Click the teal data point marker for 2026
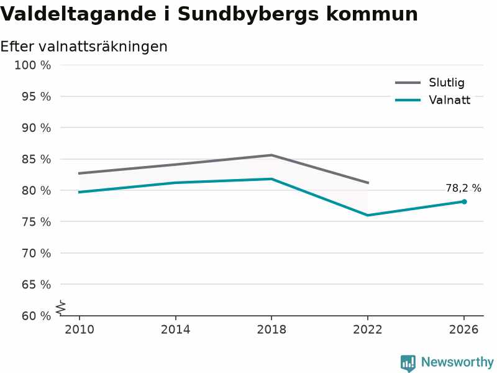(x=464, y=201)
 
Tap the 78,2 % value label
(x=463, y=188)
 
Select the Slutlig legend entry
(x=430, y=83)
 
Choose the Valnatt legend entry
(x=432, y=100)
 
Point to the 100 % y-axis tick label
(x=33, y=65)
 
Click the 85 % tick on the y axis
(x=36, y=159)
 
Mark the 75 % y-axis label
(x=36, y=222)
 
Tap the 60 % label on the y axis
(x=36, y=316)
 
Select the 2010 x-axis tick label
(x=80, y=329)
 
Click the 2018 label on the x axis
(x=271, y=329)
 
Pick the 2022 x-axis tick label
(x=368, y=329)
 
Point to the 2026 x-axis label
(x=463, y=329)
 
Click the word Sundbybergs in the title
(x=248, y=14)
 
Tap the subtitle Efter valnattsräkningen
(x=84, y=47)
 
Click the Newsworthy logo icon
(x=408, y=363)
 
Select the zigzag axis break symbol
(x=61, y=308)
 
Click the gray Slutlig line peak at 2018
(x=271, y=155)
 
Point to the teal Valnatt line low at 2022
(x=368, y=215)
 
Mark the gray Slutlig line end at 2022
(x=368, y=183)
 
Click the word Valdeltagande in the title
(x=78, y=14)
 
